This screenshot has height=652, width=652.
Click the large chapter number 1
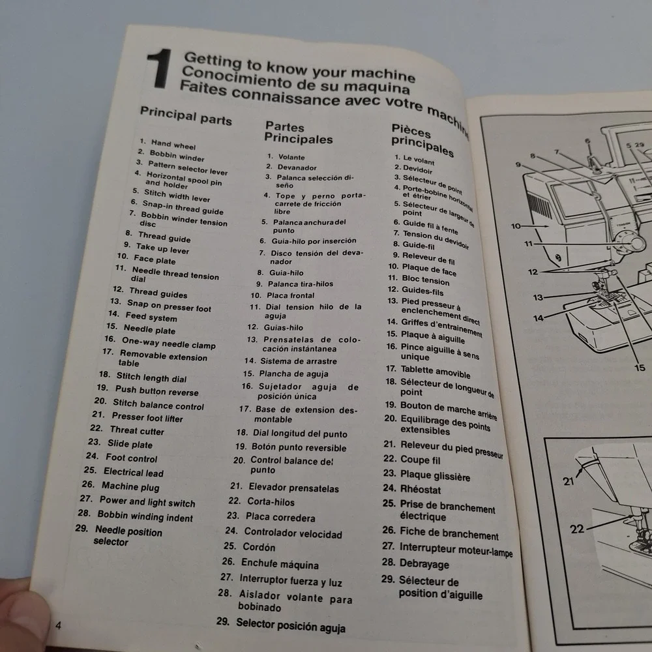pos(160,68)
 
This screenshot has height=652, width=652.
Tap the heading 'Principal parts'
pos(186,115)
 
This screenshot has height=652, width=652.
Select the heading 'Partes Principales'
pos(299,132)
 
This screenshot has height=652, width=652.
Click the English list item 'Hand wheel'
pos(173,145)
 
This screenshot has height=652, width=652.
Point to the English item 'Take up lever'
pos(162,248)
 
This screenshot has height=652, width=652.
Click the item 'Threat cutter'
pos(137,430)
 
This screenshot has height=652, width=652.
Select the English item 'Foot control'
pos(132,458)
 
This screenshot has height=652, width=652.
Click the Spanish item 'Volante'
pos(291,157)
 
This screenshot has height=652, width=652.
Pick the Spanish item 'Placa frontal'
pos(290,295)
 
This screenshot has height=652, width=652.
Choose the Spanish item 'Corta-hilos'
pos(271,502)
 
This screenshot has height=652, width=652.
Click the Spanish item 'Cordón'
pos(259,547)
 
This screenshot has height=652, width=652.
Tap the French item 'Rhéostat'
pos(420,489)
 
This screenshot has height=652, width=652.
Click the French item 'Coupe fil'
pos(420,460)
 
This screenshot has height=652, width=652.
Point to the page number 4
pos(58,625)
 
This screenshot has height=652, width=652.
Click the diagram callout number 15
pos(640,368)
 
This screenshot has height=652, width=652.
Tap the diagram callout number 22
pos(577,529)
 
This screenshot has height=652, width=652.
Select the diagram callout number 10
pos(516,226)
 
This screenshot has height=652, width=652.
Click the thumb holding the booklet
pos(23,615)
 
